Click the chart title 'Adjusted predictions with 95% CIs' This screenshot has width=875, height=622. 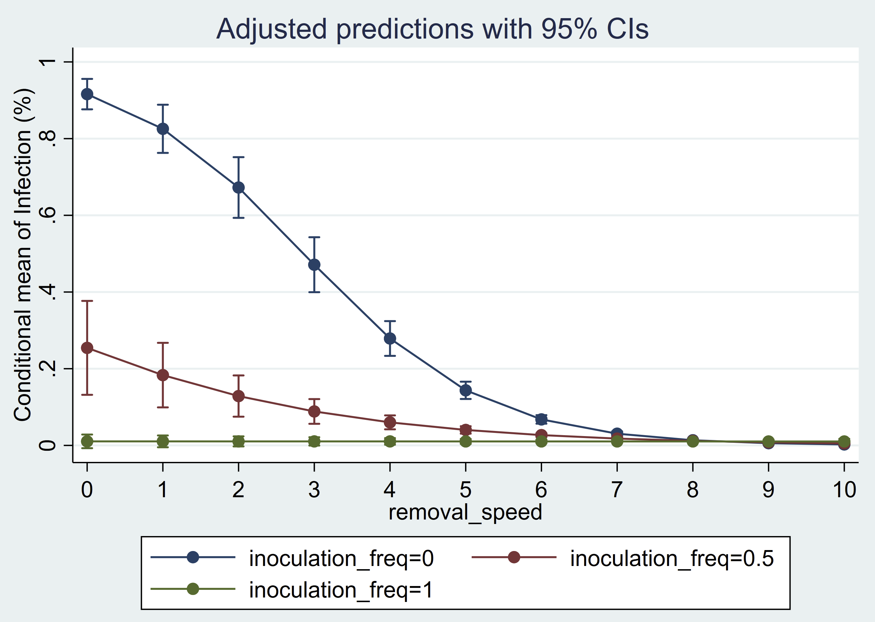click(x=432, y=29)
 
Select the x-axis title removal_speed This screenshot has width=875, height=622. click(x=465, y=512)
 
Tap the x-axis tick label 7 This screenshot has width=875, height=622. click(x=617, y=490)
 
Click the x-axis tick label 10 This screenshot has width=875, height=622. click(x=844, y=490)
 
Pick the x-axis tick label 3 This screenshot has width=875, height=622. click(x=314, y=490)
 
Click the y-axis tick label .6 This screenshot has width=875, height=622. click(x=47, y=215)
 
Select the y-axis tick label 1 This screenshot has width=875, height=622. click(x=47, y=62)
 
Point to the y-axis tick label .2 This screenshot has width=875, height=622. click(x=47, y=368)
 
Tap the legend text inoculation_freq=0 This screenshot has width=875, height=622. click(x=341, y=558)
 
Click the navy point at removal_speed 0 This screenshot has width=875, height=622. click(x=87, y=94)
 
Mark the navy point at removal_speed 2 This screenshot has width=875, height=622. click(x=239, y=188)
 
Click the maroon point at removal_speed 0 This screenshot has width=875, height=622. click(x=87, y=348)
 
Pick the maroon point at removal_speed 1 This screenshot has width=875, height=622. click(x=163, y=375)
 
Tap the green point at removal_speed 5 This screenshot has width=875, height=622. click(x=466, y=442)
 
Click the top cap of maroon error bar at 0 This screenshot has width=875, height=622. click(x=87, y=301)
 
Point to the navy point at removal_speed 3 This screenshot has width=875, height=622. click(x=314, y=265)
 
